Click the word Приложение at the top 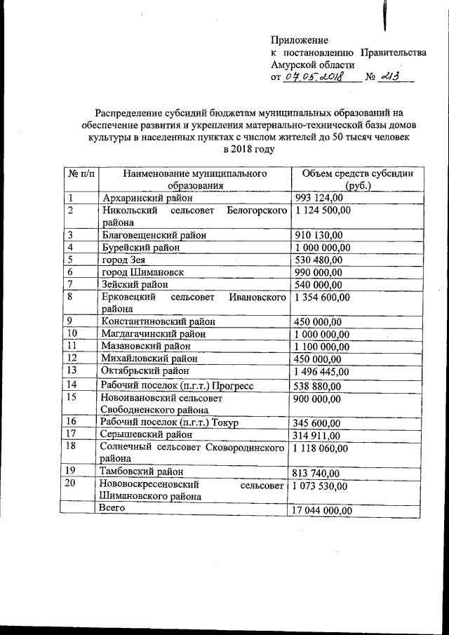299,40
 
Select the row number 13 71,370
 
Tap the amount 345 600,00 319,422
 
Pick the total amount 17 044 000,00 323,510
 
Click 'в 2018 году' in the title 249,148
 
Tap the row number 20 71,484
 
